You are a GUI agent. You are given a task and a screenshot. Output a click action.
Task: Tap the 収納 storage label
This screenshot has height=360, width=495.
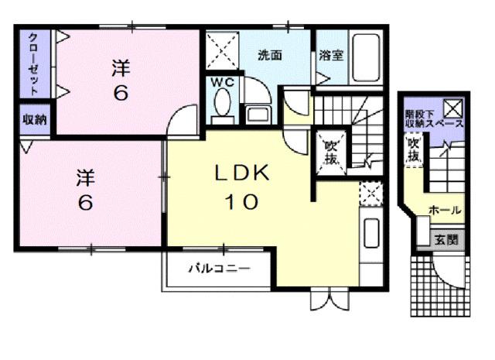(x=34, y=120)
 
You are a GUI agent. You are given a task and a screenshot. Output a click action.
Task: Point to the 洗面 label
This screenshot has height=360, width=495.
(x=268, y=55)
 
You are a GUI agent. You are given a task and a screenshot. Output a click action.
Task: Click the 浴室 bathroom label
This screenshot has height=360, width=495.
(x=330, y=55)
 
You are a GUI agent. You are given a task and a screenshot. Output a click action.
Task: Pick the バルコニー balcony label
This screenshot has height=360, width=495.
(x=220, y=270)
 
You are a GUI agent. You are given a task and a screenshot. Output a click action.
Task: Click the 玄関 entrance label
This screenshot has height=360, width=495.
(x=445, y=239)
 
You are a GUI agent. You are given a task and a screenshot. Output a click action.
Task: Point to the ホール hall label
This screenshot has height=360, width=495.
(x=445, y=210)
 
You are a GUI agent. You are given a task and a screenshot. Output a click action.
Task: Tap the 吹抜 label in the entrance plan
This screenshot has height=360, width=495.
(x=414, y=150)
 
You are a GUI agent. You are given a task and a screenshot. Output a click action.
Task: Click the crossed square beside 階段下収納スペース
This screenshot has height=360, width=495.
(x=452, y=108)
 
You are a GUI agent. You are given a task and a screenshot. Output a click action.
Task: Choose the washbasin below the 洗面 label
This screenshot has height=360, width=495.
(x=258, y=115)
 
